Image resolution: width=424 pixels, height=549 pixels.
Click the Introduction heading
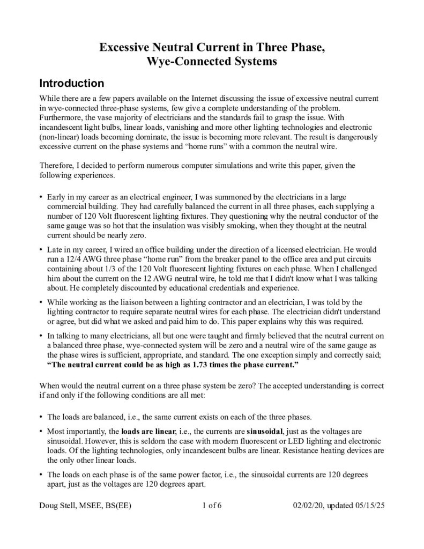pyautogui.click(x=71, y=84)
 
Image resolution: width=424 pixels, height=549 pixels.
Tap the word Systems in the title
pyautogui.click(x=251, y=61)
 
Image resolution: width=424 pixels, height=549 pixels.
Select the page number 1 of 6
pyautogui.click(x=213, y=505)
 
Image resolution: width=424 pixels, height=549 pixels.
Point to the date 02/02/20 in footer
pyautogui.click(x=309, y=505)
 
